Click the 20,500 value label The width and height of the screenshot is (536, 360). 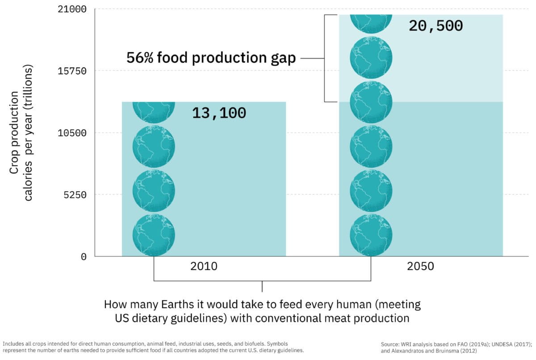(435, 26)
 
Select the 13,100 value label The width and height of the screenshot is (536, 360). (219, 113)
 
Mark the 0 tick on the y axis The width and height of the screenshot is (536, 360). (84, 257)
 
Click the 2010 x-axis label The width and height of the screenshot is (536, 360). (204, 267)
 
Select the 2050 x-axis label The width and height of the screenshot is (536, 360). (420, 267)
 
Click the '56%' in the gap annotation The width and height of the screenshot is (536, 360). (139, 58)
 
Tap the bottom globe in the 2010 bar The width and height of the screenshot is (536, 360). (154, 235)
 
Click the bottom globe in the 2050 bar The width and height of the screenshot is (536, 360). (371, 235)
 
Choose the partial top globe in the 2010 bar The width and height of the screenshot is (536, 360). (154, 112)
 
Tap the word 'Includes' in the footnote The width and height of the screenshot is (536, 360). (13, 343)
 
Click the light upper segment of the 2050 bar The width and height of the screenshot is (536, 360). (447, 67)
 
